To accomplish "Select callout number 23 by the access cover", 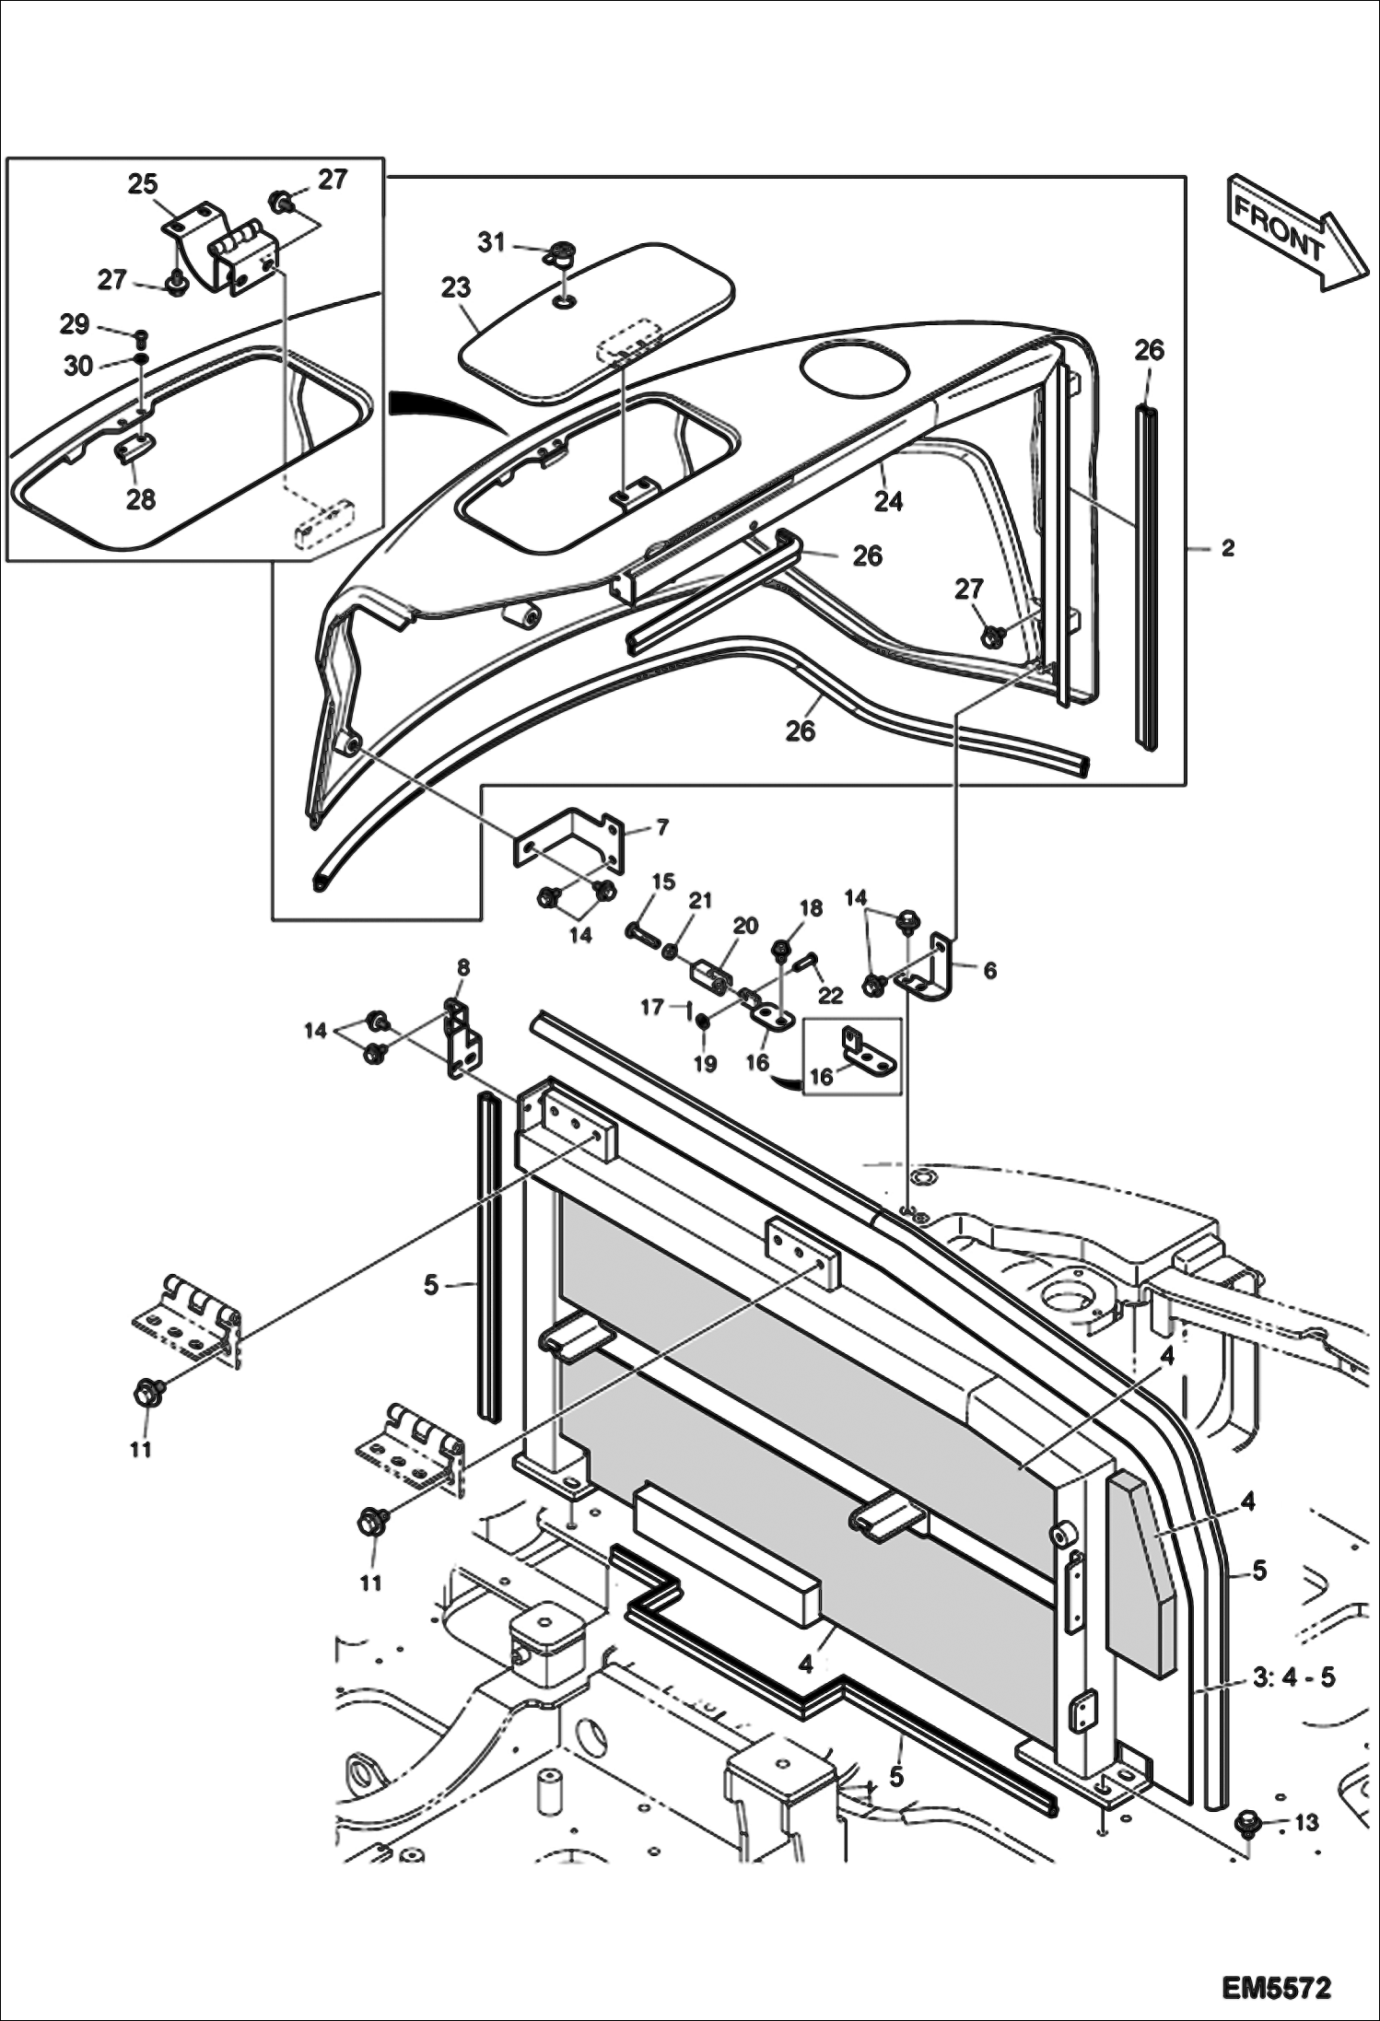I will point(456,288).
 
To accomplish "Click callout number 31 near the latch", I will point(491,242).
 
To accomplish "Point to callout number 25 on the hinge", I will point(143,184).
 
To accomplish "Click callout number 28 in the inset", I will point(140,499).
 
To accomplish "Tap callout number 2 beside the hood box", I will point(1226,548).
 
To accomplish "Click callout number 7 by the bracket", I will point(661,827).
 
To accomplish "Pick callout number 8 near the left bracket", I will point(462,967).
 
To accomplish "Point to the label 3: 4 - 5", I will point(1293,1677).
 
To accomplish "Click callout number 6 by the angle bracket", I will point(989,970).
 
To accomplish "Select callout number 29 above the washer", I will point(75,324).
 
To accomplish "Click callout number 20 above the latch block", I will point(744,925).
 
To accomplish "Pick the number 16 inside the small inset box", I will point(821,1076).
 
